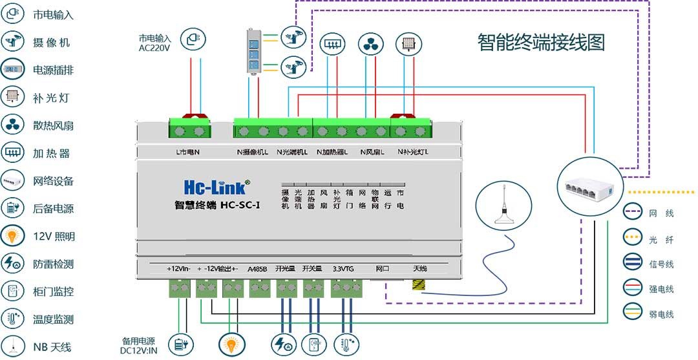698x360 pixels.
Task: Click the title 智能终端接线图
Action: pos(542,43)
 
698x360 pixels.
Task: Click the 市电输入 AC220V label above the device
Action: pos(155,43)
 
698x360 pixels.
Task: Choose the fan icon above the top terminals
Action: pos(370,44)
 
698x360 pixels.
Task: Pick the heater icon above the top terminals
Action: pos(331,44)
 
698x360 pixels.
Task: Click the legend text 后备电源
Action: pos(54,209)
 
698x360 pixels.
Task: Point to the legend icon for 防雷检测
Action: pos(12,264)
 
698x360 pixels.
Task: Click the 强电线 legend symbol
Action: pos(633,289)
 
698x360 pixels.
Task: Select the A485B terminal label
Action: pos(257,268)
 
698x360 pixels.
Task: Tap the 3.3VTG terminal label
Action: pos(343,268)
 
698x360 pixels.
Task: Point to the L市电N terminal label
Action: pos(187,153)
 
